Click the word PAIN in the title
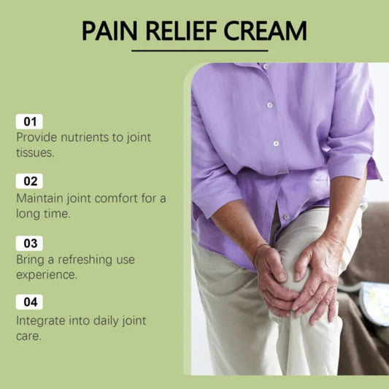pyautogui.click(x=109, y=31)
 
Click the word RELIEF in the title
pyautogui.click(x=182, y=31)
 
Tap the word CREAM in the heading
pyautogui.click(x=266, y=31)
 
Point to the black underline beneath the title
pyautogui.click(x=200, y=50)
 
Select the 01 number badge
pyautogui.click(x=29, y=122)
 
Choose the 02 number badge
pyautogui.click(x=29, y=181)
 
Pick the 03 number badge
pyautogui.click(x=29, y=243)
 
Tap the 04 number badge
pyautogui.click(x=29, y=302)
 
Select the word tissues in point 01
pyautogui.click(x=35, y=153)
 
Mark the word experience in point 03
pyautogui.click(x=47, y=275)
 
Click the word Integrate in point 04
pyautogui.click(x=40, y=321)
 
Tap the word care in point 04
pyautogui.click(x=28, y=336)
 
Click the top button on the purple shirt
pyautogui.click(x=266, y=66)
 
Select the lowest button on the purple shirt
pyautogui.click(x=286, y=217)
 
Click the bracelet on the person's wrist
pyautogui.click(x=258, y=253)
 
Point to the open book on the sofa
pyautogui.click(x=374, y=303)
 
